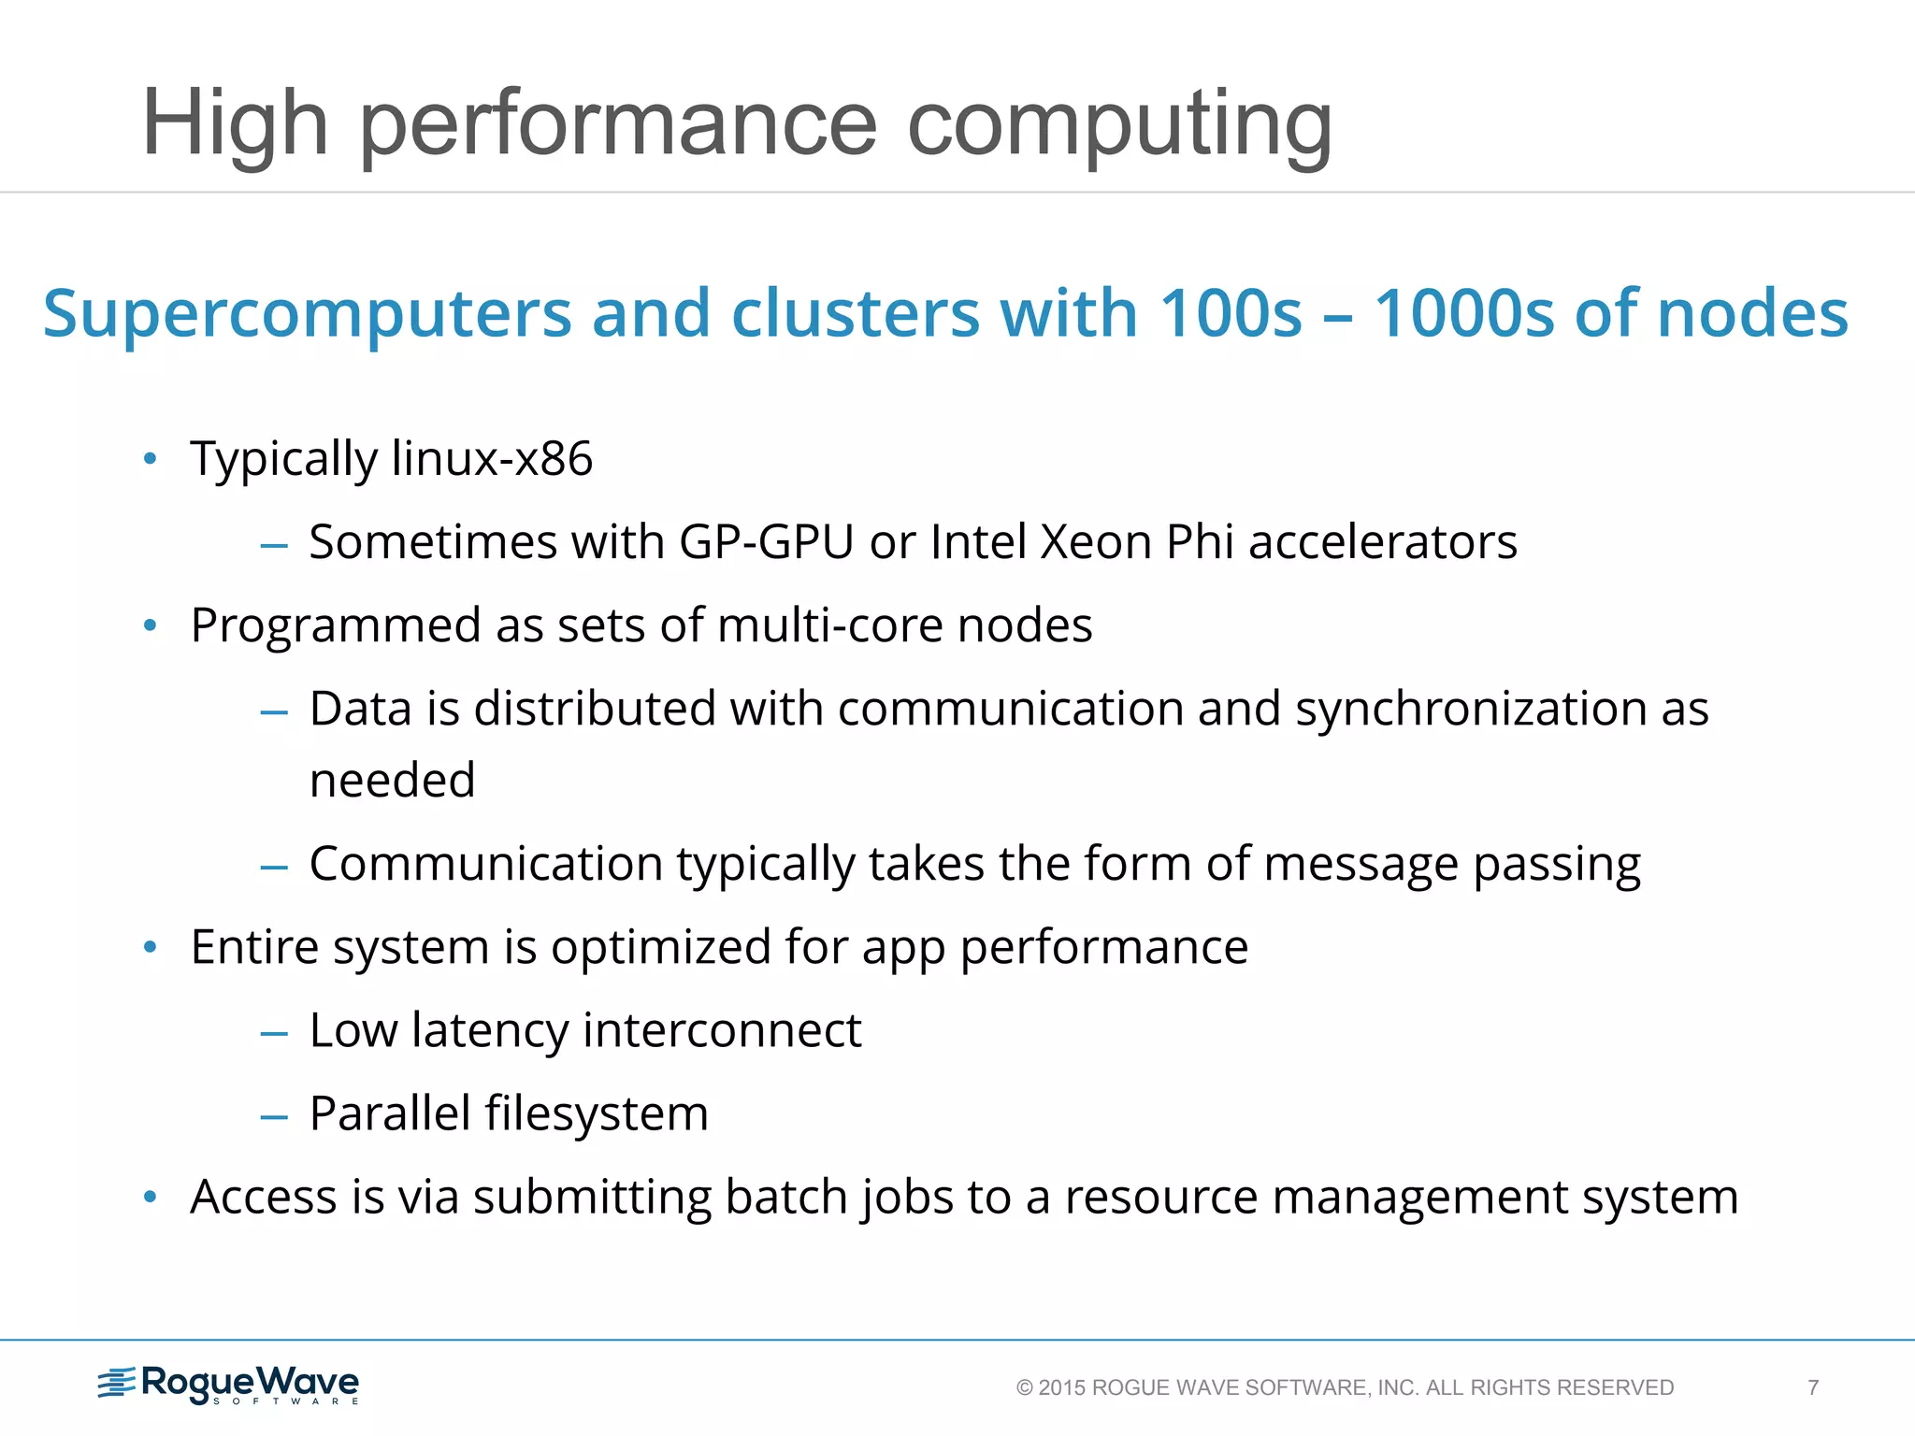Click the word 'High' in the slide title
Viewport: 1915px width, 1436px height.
(x=235, y=124)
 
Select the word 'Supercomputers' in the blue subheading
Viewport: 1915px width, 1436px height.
(x=307, y=313)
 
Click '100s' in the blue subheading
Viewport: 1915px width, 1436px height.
(x=1230, y=313)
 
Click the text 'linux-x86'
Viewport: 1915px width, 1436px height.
(x=492, y=459)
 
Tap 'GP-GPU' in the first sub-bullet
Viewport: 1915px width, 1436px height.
(x=766, y=542)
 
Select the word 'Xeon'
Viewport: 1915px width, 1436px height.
(x=1095, y=542)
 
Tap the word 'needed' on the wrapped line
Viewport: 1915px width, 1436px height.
(x=392, y=781)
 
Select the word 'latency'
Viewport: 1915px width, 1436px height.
(x=489, y=1031)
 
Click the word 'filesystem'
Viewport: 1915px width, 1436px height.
(x=596, y=1114)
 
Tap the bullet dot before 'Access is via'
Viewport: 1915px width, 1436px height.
(x=151, y=1198)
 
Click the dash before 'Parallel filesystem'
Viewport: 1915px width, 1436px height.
(x=274, y=1116)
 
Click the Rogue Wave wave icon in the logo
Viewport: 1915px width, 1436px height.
(x=117, y=1383)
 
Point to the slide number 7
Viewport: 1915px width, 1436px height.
(x=1813, y=1387)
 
